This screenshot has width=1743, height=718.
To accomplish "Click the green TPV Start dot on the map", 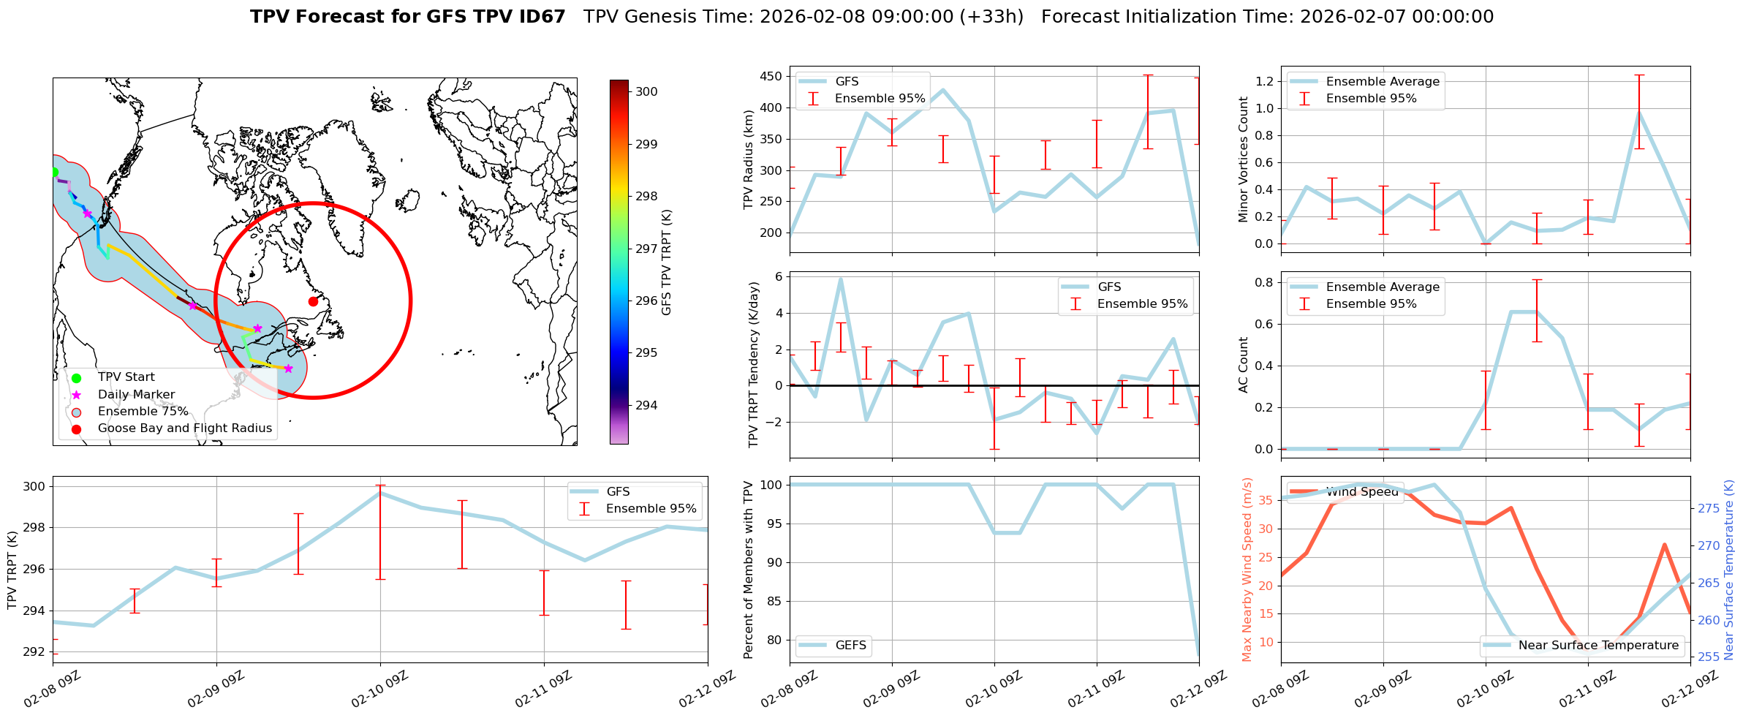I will click(53, 173).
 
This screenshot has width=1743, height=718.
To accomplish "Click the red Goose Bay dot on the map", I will click(313, 301).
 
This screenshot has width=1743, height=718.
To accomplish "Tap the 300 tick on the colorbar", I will click(646, 91).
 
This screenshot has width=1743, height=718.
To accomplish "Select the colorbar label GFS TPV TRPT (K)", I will click(666, 262).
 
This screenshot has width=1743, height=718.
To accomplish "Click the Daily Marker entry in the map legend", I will click(136, 394).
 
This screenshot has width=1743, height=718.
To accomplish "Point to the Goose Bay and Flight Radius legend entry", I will click(184, 428).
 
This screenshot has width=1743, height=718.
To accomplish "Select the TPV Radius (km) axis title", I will click(749, 159).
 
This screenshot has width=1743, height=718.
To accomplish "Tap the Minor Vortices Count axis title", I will click(1244, 159).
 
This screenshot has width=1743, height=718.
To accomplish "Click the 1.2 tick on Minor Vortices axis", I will click(1264, 81).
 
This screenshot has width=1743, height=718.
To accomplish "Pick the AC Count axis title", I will click(1244, 365).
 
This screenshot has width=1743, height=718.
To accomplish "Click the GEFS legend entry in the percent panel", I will click(850, 645).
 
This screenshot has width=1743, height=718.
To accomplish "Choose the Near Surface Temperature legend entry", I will click(1598, 645).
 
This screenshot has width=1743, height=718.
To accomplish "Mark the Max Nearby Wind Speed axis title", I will click(1247, 570).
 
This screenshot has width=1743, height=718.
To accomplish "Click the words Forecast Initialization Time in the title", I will click(1167, 17).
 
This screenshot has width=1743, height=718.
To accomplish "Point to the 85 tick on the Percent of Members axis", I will click(774, 601).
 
